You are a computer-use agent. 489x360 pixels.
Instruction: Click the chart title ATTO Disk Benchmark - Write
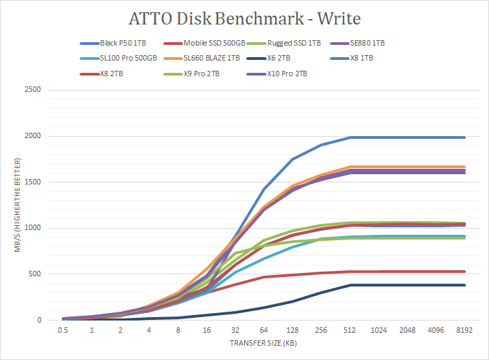(x=244, y=18)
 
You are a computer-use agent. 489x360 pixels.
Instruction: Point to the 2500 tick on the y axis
(x=33, y=90)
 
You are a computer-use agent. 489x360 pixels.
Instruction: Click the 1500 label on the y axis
(x=33, y=182)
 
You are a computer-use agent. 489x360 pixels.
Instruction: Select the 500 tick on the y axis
(x=35, y=274)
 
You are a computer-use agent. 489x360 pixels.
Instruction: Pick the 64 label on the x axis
(x=265, y=329)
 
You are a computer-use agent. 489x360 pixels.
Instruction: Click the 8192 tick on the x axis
(x=465, y=329)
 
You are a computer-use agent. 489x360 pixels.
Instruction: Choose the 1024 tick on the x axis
(x=379, y=329)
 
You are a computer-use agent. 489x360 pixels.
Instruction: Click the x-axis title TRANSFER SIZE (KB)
(x=264, y=344)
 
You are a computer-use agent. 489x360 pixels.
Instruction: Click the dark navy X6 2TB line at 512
(x=350, y=285)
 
